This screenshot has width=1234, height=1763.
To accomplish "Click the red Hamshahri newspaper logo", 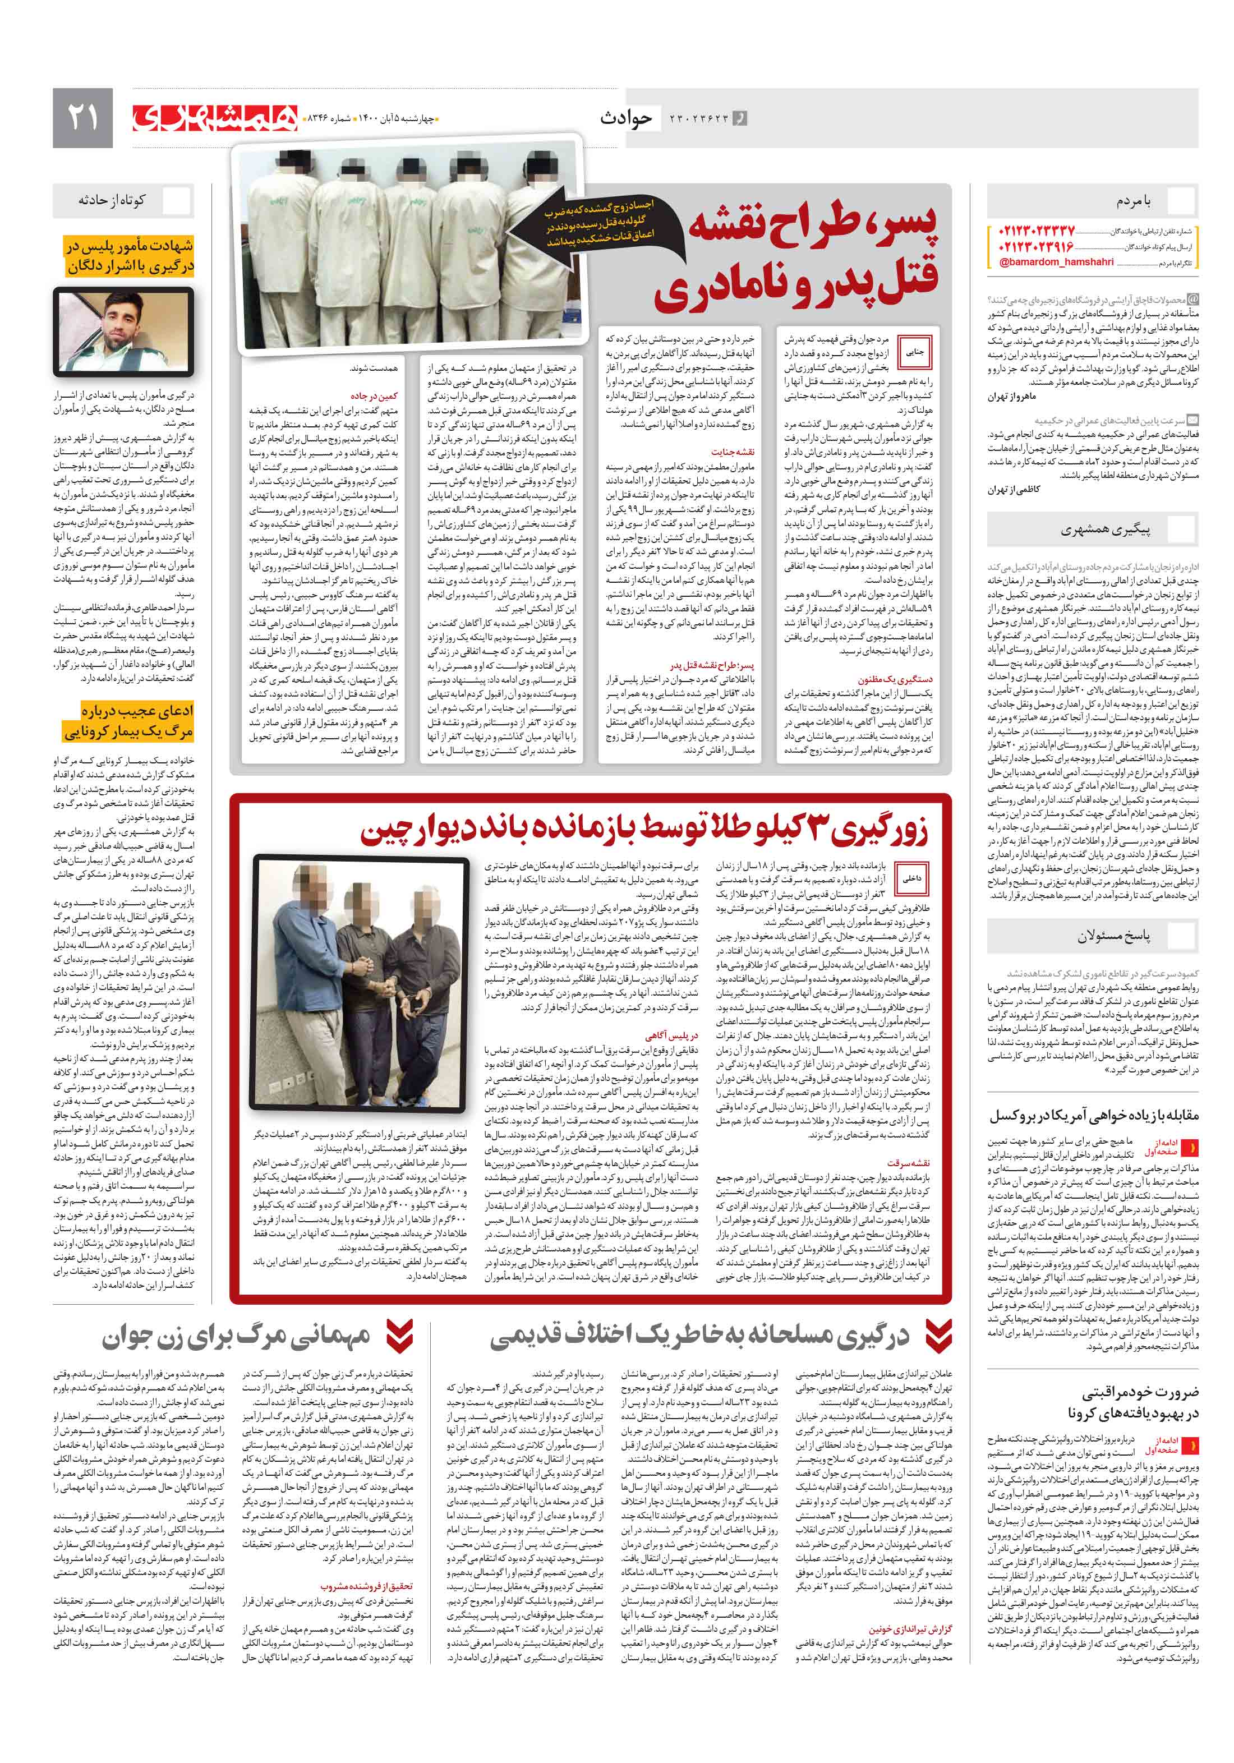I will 214,117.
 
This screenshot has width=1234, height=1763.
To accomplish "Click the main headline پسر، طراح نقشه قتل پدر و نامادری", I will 799,257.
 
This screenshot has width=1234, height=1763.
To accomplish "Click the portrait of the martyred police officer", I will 123,330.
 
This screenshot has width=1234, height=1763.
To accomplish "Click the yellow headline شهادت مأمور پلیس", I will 129,256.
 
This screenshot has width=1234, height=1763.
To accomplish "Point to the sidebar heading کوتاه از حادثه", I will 112,200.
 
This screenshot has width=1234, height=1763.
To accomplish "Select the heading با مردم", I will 1134,201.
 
